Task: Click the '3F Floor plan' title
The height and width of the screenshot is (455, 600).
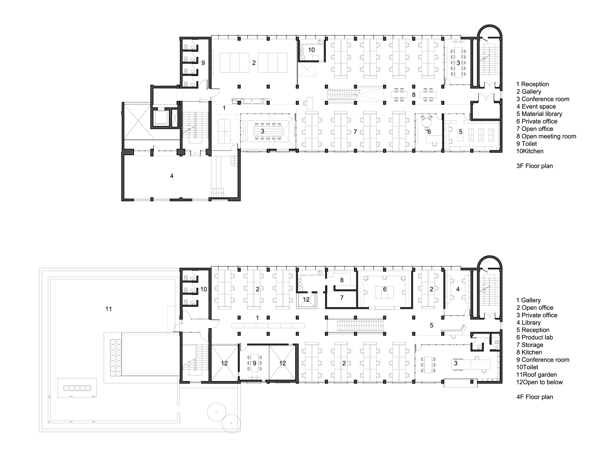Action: coord(534,166)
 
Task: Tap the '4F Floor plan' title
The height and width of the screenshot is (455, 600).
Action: coord(534,397)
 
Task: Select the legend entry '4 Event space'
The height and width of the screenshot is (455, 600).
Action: coord(536,106)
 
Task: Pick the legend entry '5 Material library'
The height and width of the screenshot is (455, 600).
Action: coord(539,114)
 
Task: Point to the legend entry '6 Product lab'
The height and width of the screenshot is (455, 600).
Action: coord(534,337)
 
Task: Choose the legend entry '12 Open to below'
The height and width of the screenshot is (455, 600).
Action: coord(539,382)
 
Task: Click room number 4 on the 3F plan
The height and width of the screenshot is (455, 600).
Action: coord(172,176)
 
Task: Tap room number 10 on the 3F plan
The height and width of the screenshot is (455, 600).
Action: coord(311,50)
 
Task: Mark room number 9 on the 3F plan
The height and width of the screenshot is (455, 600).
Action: coord(203,63)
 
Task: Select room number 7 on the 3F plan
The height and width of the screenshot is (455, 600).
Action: coord(355,132)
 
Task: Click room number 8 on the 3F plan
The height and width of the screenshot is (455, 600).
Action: coord(414,95)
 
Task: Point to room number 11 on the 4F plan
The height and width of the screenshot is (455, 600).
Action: coord(109,309)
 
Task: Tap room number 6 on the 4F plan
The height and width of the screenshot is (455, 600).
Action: coord(385,289)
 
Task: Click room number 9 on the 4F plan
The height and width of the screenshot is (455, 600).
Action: coord(254,363)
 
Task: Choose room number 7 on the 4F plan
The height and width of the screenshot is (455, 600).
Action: coord(342,298)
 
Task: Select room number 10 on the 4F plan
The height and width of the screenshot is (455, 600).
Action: coord(204,289)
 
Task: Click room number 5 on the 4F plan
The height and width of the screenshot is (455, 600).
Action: coord(431,325)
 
